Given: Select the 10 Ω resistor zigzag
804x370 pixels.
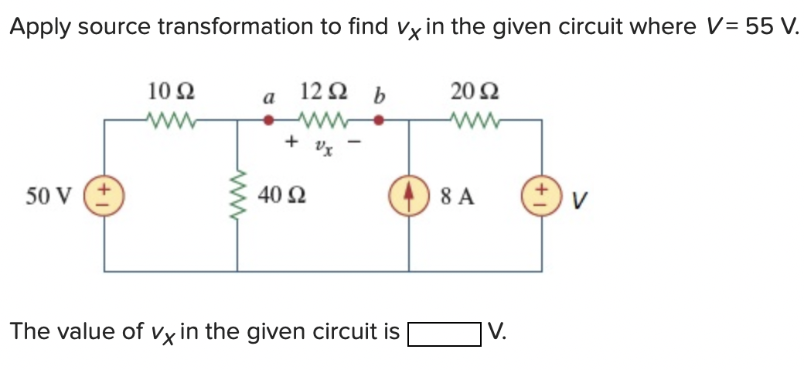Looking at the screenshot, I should click(171, 120).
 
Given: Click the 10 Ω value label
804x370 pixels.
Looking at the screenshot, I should click(170, 92).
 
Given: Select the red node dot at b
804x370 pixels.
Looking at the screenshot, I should click(379, 120).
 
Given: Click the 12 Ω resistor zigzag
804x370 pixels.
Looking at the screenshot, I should click(323, 120).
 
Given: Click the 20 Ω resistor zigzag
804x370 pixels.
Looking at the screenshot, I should click(474, 120).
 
